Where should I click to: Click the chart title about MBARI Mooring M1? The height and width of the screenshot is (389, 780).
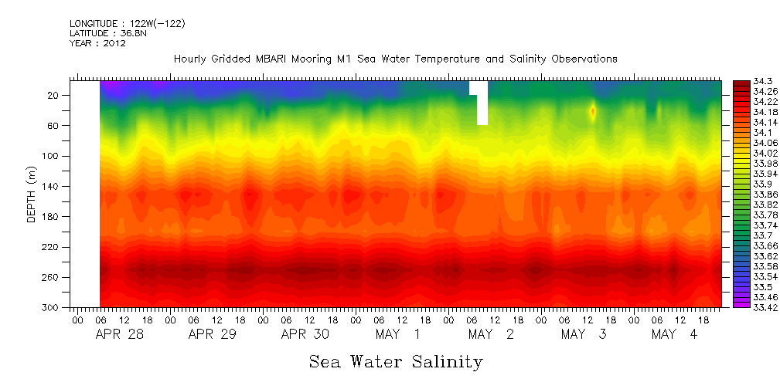point(395,59)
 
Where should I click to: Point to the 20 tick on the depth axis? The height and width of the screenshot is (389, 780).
point(54,96)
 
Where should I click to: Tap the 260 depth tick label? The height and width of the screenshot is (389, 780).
point(52,277)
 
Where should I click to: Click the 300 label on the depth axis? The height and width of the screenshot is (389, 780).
point(52,307)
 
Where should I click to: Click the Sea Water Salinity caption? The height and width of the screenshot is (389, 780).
point(396,361)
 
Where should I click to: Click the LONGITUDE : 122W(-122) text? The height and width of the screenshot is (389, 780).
point(127,24)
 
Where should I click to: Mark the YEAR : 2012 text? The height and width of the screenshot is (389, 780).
point(97,44)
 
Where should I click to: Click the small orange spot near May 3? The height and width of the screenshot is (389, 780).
point(593,111)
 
